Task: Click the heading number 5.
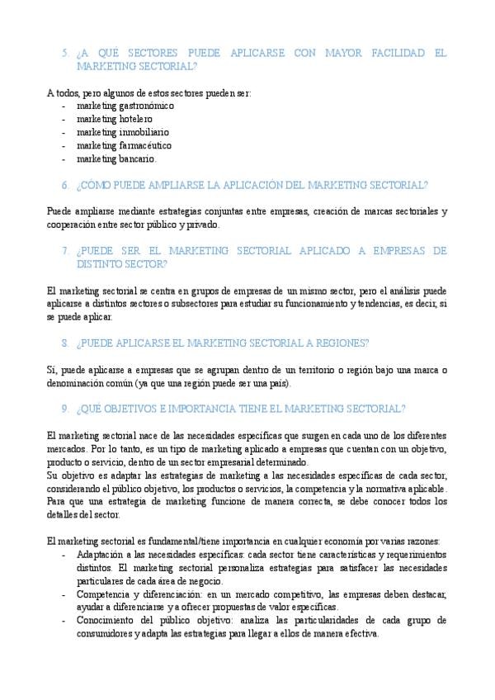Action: (x=64, y=53)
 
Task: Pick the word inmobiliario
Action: (x=144, y=132)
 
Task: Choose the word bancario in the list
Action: (x=138, y=158)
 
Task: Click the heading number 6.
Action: (x=64, y=185)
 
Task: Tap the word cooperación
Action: (x=73, y=225)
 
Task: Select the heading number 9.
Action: (x=64, y=409)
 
